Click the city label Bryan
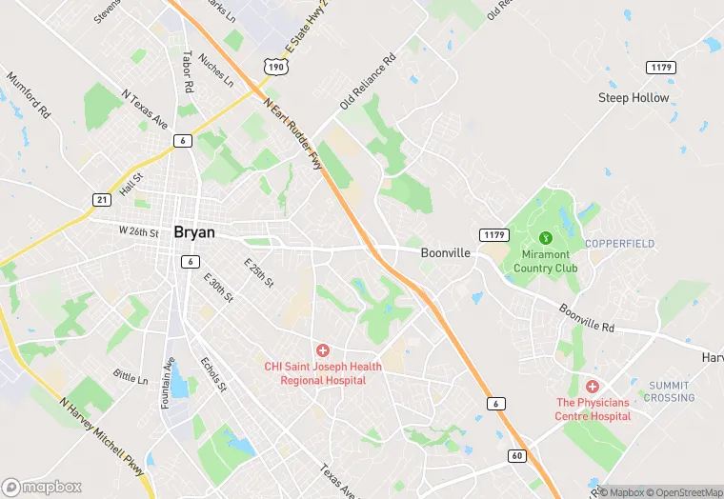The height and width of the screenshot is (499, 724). tap(194, 231)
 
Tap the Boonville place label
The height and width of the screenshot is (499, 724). tap(446, 253)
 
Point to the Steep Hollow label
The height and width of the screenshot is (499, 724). tap(633, 98)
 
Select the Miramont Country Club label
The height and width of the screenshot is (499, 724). tap(546, 261)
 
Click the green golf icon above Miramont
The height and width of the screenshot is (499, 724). tap(546, 237)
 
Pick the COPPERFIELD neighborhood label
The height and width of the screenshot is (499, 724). tap(619, 244)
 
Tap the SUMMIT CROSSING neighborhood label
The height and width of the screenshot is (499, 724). tap(669, 391)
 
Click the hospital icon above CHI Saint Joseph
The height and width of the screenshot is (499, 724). tap(323, 350)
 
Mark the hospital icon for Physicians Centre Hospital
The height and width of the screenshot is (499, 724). tap(593, 387)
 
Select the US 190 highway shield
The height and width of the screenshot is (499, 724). tap(275, 68)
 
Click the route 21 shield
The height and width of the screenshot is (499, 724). tap(102, 198)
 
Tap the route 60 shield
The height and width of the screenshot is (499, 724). tap(516, 455)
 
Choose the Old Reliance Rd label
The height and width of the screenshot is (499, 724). tap(367, 82)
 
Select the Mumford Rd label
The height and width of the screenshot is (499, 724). tap(28, 93)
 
